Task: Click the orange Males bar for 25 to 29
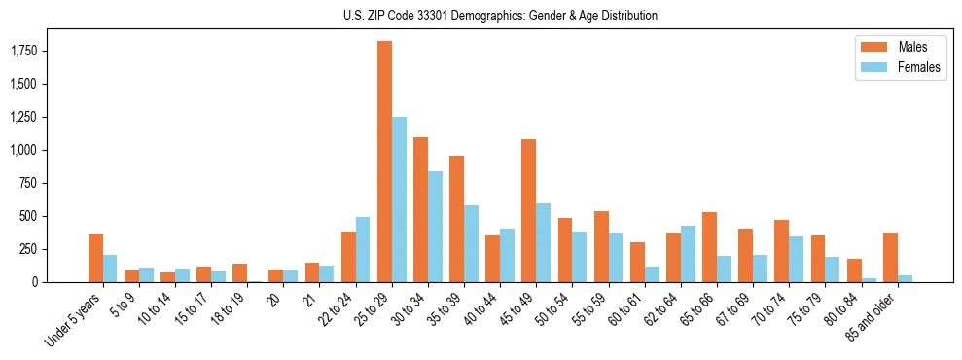point(384,162)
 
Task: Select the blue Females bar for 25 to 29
point(399,199)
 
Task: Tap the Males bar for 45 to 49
point(529,210)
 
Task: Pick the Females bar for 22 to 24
point(363,249)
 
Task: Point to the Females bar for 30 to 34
point(435,227)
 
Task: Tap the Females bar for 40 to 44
point(507,255)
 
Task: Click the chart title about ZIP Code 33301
point(500,16)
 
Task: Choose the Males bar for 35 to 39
point(456,219)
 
